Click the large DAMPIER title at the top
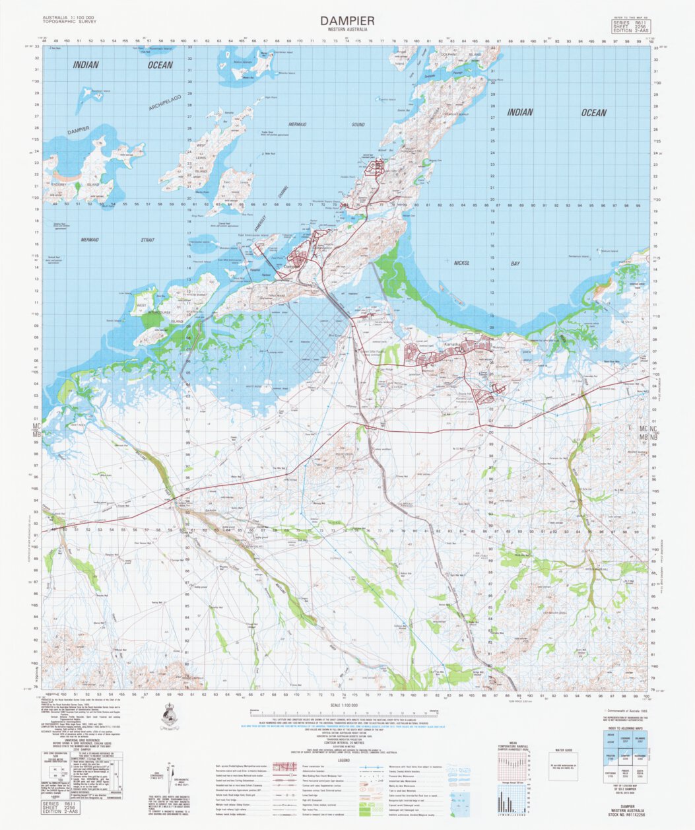tap(347, 20)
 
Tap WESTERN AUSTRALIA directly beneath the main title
tap(347, 30)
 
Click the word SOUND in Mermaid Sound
tap(357, 123)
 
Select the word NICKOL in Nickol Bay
tap(461, 263)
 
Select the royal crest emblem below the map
tap(170, 716)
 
